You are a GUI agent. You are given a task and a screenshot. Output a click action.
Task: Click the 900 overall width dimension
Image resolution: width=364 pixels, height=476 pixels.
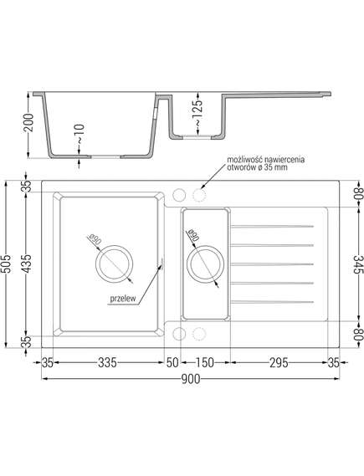click(x=191, y=379)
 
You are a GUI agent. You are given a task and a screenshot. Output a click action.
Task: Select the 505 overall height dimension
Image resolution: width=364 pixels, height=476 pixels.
click(x=7, y=264)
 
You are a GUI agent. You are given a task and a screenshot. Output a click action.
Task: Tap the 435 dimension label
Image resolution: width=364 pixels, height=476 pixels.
click(x=27, y=264)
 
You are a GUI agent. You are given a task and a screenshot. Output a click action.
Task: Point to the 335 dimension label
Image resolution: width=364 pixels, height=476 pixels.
click(x=107, y=362)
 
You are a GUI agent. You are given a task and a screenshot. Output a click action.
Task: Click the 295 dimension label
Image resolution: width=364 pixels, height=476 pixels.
click(x=279, y=362)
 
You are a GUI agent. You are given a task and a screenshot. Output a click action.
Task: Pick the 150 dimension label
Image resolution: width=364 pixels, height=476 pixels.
click(x=205, y=362)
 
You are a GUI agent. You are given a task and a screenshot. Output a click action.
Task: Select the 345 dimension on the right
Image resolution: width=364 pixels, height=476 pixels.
click(x=358, y=264)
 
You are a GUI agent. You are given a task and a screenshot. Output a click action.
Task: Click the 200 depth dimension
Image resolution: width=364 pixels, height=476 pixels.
click(x=28, y=123)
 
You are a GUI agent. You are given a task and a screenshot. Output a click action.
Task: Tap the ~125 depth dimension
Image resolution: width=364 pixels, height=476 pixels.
click(x=197, y=112)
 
